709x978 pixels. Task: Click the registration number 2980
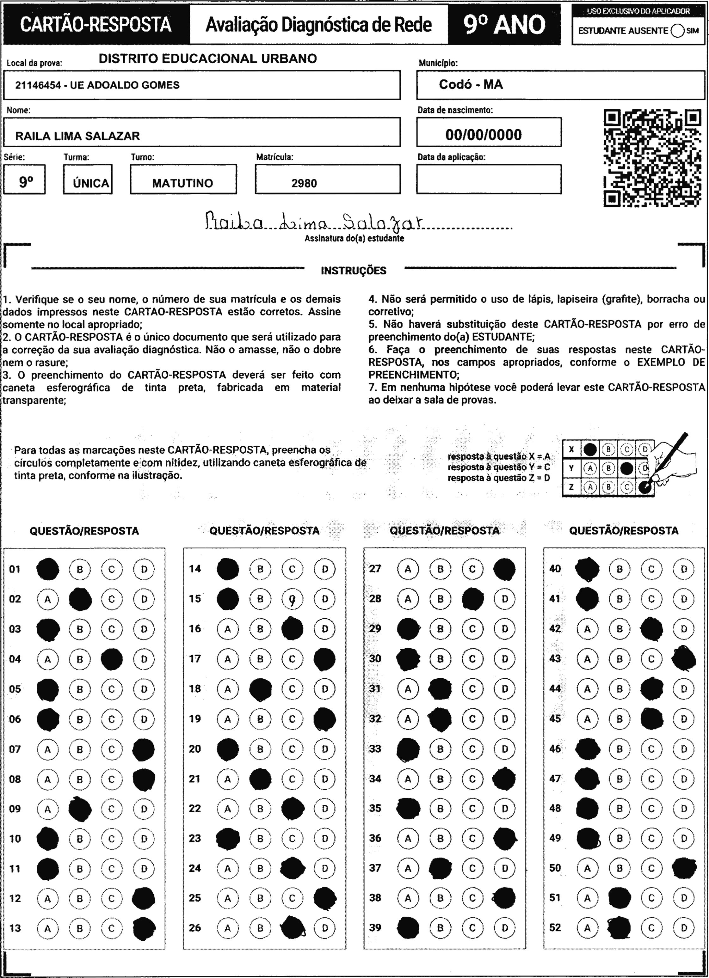point(304,183)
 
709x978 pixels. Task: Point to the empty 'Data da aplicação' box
point(489,179)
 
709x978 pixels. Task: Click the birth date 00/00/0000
point(484,135)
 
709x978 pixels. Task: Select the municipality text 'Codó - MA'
point(471,84)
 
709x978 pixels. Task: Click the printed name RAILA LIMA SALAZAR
point(78,136)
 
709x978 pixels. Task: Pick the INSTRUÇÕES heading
point(354,271)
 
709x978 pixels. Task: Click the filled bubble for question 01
point(48,569)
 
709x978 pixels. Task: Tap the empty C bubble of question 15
point(293,599)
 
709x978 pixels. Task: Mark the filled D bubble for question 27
point(504,569)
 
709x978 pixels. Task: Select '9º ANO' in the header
point(504,25)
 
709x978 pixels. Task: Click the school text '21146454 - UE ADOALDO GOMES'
point(97,85)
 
